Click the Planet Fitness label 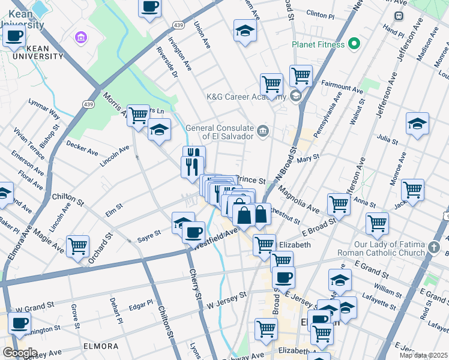click(318, 44)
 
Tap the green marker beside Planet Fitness click(354, 43)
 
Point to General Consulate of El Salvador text click(219, 132)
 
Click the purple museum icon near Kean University click(80, 38)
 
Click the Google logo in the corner click(20, 353)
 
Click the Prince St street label click(252, 179)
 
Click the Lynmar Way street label click(44, 106)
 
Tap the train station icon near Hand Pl click(398, 16)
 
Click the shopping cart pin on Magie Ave click(77, 246)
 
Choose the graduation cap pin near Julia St click(417, 124)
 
